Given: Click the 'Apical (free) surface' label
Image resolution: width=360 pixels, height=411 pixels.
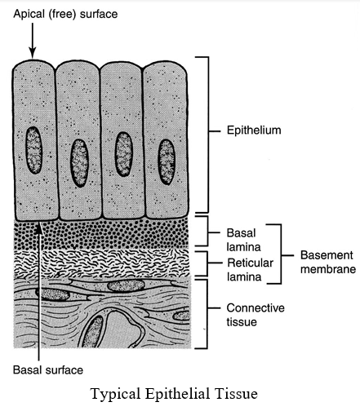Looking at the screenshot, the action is point(65,15).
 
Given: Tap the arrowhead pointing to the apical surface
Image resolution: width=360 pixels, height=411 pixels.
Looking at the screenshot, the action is point(33,53).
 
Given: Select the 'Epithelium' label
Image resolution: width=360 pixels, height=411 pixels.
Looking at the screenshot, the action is point(254,130).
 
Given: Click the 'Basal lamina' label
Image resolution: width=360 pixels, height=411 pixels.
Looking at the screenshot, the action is point(244,240).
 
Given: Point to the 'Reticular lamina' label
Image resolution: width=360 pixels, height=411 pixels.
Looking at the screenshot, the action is point(250,270).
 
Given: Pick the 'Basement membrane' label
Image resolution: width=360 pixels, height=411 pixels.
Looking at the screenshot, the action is point(328,263).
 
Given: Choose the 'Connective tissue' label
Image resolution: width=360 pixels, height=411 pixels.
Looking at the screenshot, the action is point(256,315).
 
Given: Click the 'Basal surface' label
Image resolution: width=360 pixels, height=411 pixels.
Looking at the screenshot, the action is point(48,370).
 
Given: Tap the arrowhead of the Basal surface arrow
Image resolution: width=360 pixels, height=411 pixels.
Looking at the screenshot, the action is point(39,228).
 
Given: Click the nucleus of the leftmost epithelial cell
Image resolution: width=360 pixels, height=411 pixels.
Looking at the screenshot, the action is point(34,150).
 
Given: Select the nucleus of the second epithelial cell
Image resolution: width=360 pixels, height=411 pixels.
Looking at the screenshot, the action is point(79,163).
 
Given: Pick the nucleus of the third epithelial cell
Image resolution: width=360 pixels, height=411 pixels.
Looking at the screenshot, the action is point(124,154).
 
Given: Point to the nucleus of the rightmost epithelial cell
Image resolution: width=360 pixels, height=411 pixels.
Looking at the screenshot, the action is point(167,162).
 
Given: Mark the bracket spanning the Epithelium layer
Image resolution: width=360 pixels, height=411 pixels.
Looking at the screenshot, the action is point(208,135).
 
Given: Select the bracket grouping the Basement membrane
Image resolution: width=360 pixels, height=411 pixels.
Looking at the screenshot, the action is point(281,254).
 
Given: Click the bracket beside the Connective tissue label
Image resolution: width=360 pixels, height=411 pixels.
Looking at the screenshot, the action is point(207,314).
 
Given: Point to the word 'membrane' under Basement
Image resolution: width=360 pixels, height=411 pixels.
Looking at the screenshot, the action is point(328,269).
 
